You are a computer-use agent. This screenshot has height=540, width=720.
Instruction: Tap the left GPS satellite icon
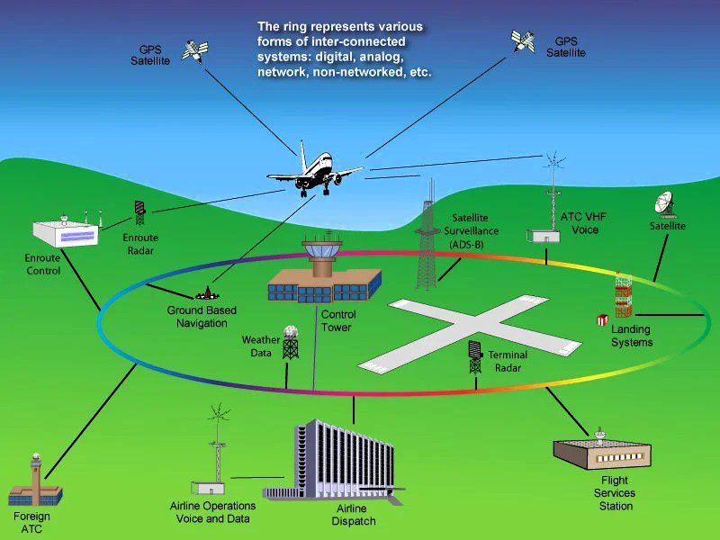[x=193, y=50]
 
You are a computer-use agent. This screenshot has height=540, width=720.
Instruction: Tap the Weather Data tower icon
[x=291, y=343]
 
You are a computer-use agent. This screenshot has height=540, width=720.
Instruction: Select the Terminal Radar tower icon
[x=475, y=357]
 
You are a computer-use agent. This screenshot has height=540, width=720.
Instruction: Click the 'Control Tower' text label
[x=338, y=321]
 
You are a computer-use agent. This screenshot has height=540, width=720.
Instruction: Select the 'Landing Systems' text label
[x=631, y=336]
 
